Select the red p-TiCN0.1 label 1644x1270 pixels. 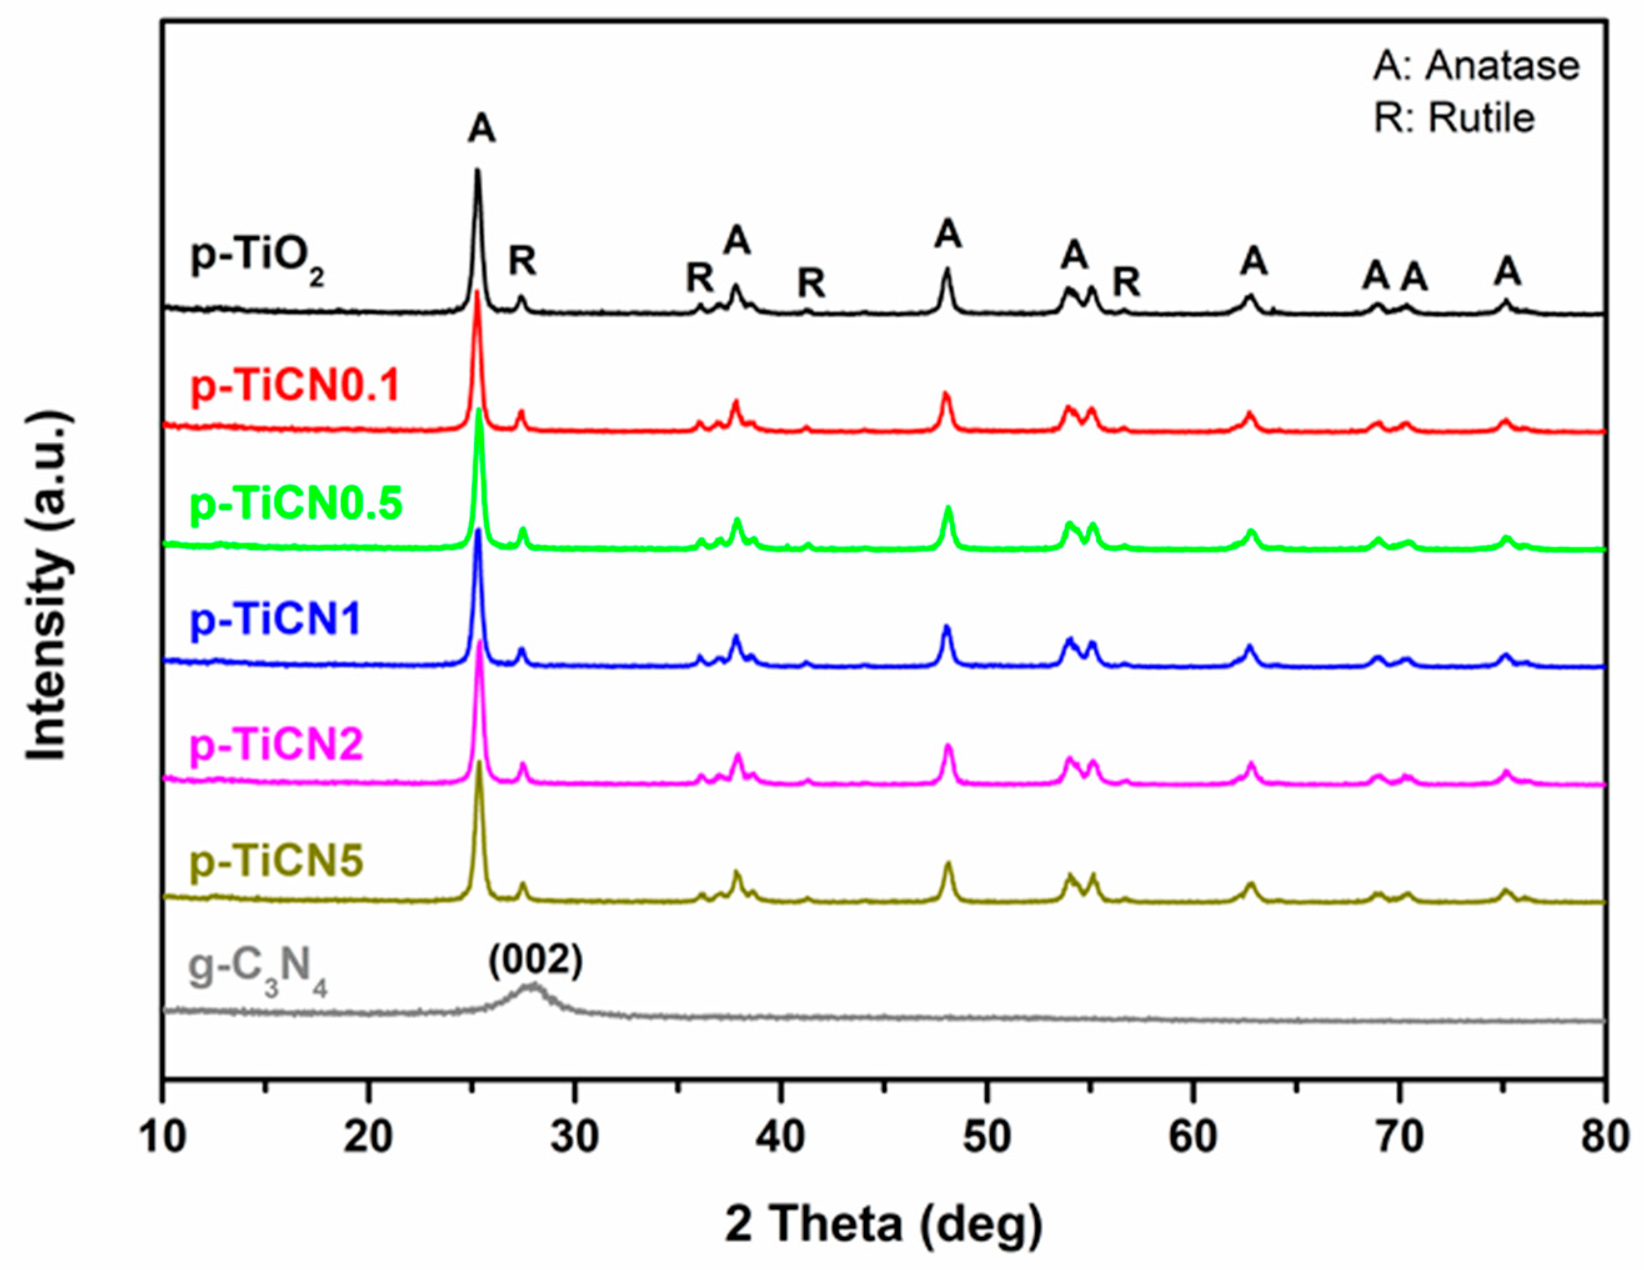tap(294, 386)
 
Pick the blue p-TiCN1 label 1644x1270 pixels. tap(275, 620)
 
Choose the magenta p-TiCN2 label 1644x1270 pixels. tap(276, 744)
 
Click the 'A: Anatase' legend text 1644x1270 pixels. tap(1475, 66)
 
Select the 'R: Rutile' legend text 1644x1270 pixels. tap(1453, 118)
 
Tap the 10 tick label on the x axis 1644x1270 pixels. tap(162, 1138)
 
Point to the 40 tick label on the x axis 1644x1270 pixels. tap(781, 1138)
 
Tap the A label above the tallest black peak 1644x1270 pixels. tap(481, 129)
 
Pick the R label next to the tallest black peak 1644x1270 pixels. tap(522, 261)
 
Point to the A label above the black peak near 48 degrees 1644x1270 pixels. tap(948, 235)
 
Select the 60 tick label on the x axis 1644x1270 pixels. tap(1193, 1138)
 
